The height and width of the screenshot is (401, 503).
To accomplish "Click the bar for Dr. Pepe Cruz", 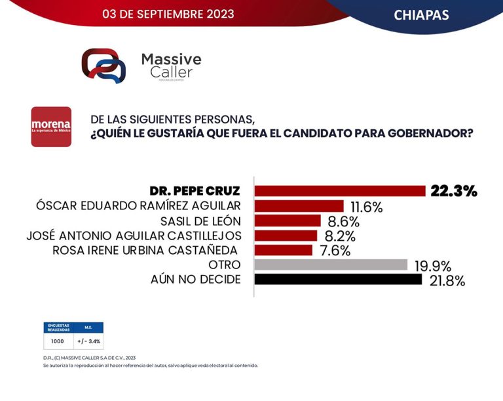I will (x=340, y=191).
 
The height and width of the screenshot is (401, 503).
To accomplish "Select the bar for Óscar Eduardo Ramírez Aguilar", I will (x=299, y=206).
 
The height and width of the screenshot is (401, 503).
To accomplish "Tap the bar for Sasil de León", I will (x=288, y=221).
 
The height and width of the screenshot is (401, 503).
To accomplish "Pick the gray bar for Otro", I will (x=331, y=265).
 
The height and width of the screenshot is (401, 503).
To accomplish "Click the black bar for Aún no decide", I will (x=338, y=280).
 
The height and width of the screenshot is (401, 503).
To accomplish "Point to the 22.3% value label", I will (x=453, y=191).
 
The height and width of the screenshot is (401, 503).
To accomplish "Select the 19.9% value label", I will (x=432, y=266).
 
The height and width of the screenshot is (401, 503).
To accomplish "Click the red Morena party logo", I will (x=51, y=127).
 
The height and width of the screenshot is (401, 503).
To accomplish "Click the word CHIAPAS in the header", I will (x=421, y=14).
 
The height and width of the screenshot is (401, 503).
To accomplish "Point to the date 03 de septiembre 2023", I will (x=168, y=13).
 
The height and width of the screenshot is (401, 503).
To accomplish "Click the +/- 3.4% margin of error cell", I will (x=88, y=341).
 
